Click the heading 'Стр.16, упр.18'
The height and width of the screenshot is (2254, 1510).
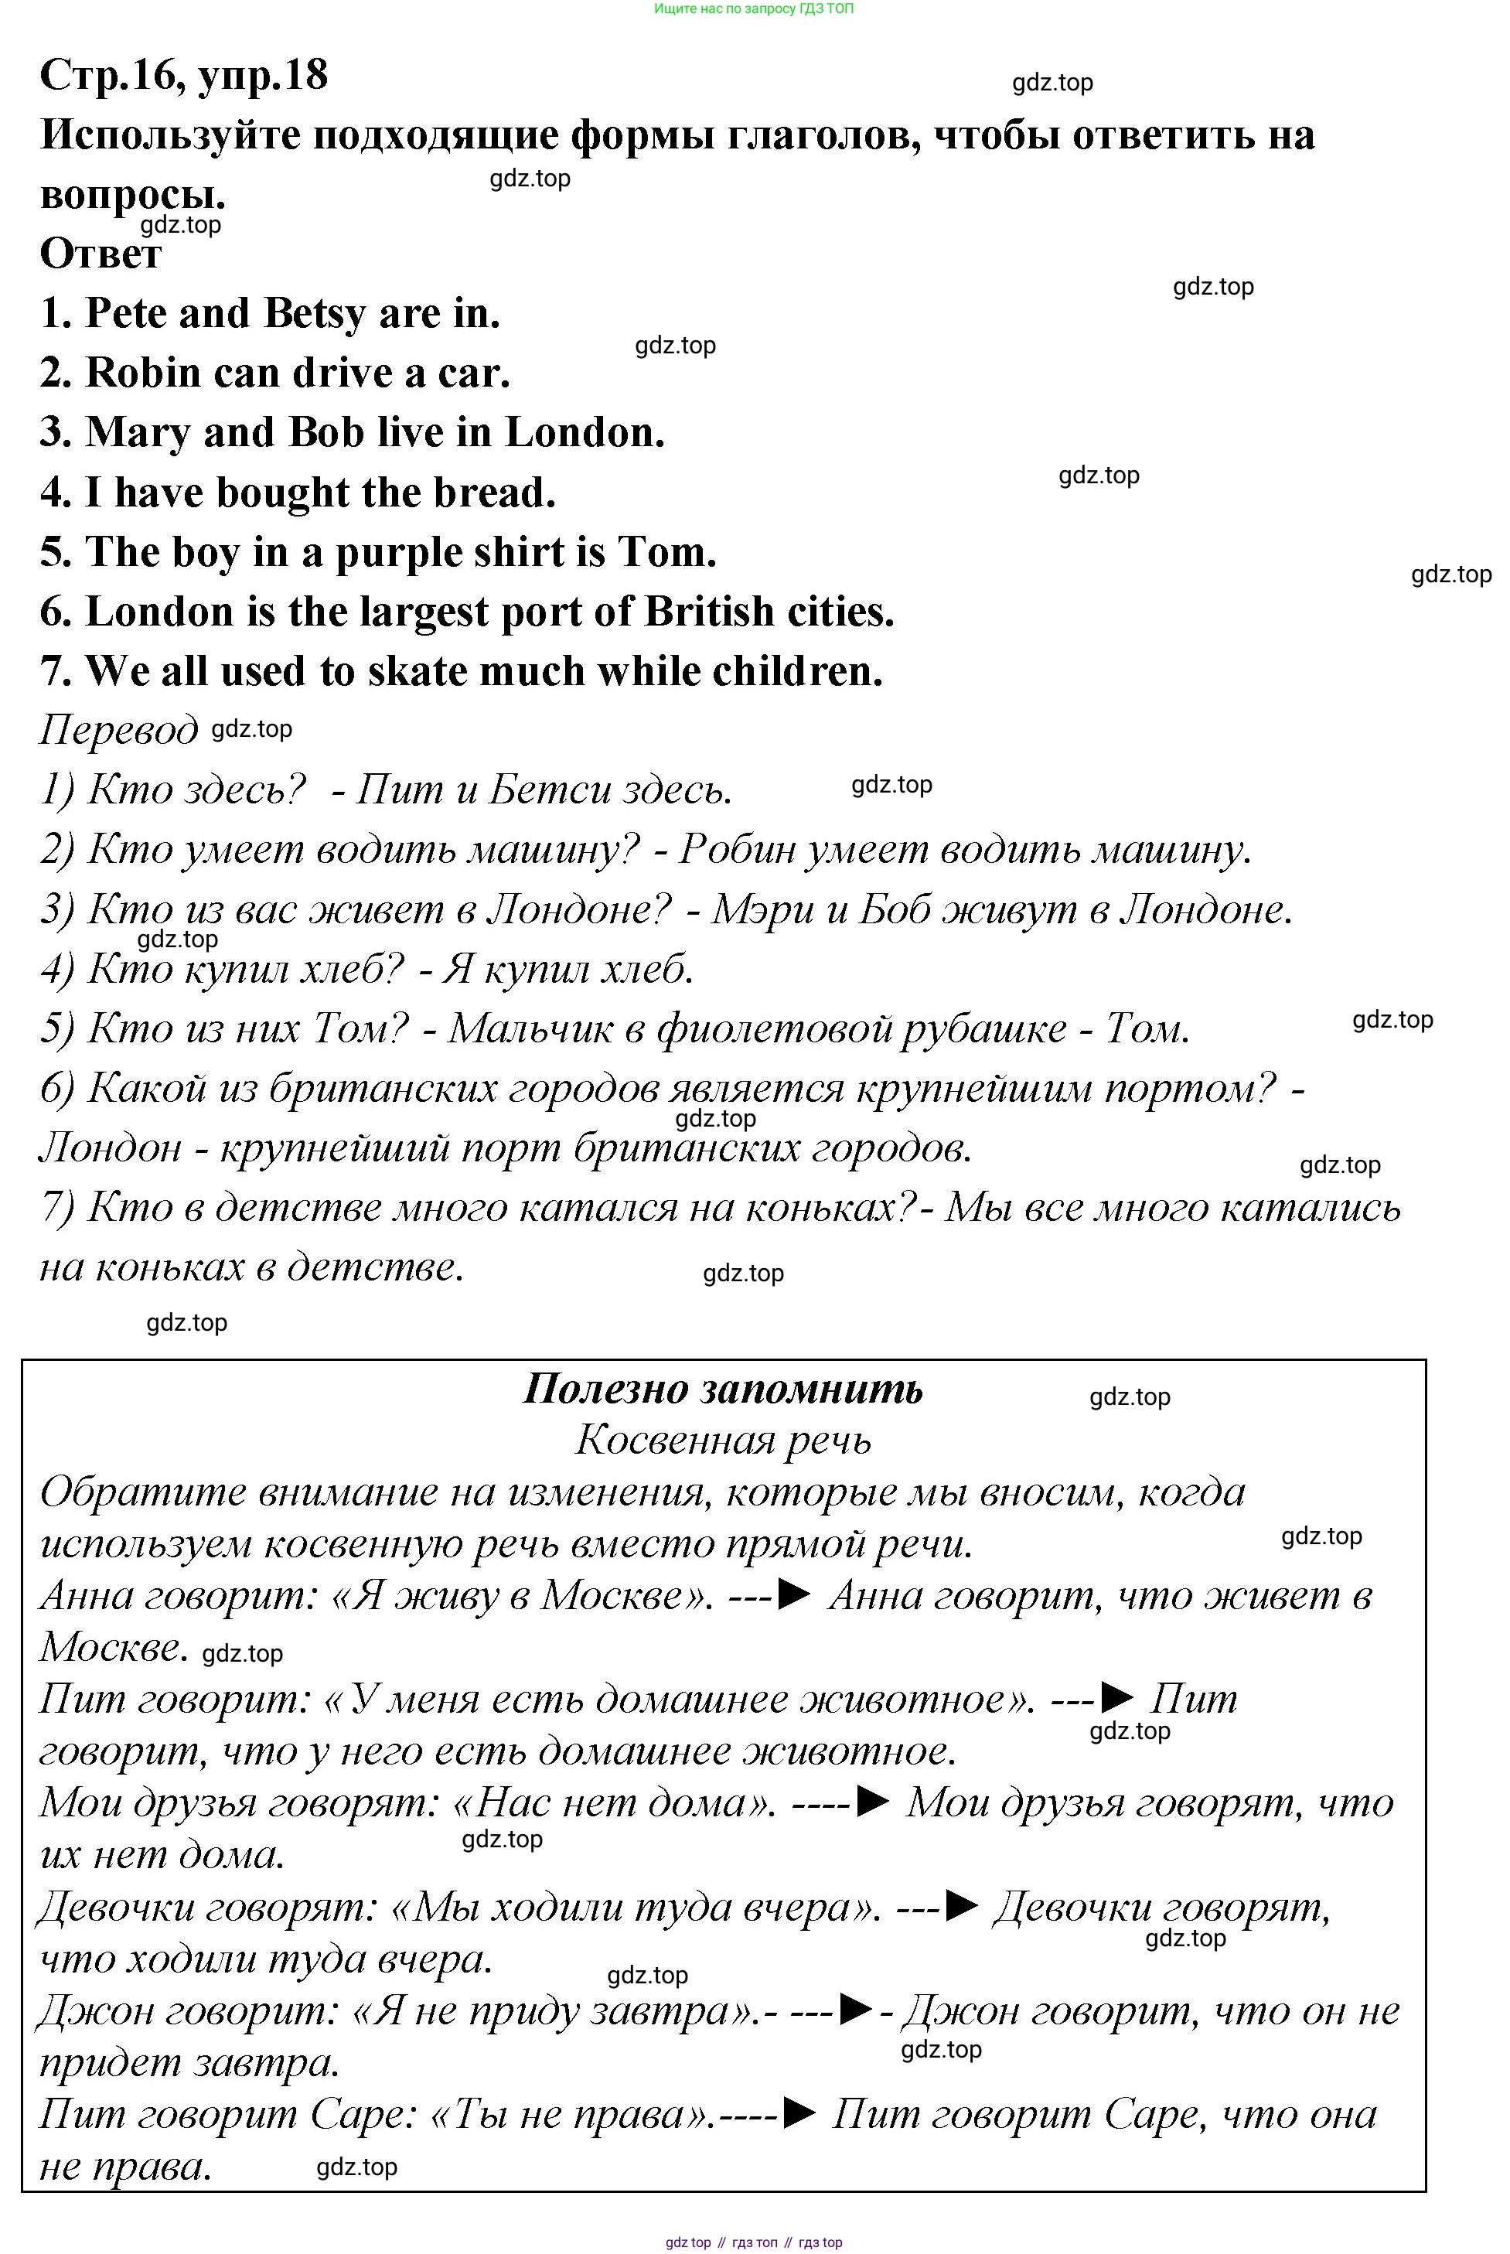click(184, 75)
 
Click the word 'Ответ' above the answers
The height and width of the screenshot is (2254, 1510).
click(101, 254)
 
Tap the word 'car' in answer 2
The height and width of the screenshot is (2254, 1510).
click(469, 373)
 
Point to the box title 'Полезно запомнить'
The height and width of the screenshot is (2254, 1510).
click(722, 1390)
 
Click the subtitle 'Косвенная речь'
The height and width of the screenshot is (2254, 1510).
click(723, 1441)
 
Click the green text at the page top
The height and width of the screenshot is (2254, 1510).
click(753, 9)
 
